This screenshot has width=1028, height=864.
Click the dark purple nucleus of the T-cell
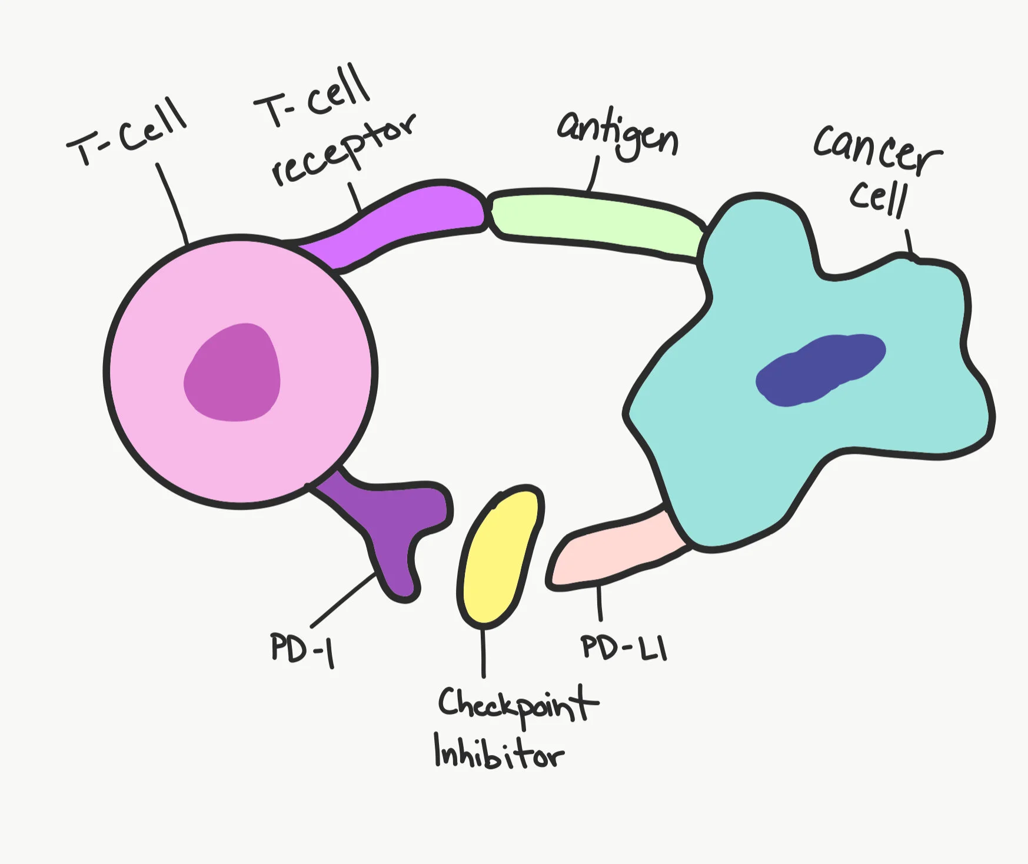point(232,373)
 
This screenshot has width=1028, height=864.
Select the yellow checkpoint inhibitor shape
point(500,556)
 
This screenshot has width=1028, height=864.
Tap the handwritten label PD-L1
point(624,647)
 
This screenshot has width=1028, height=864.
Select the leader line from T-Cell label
point(172,203)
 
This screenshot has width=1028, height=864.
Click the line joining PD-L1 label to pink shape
point(600,603)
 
